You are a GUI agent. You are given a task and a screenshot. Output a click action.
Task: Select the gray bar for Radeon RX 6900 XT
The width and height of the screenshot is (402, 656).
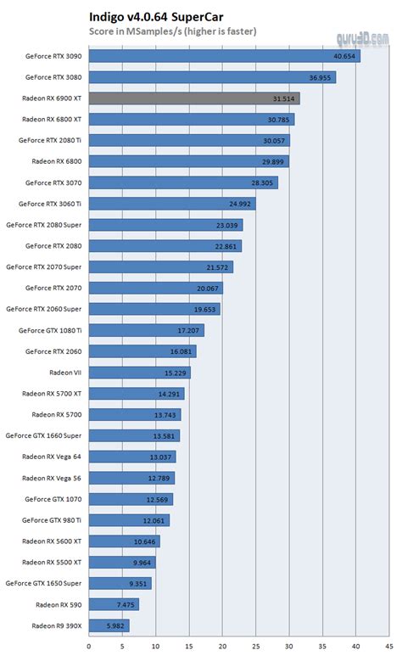[193, 98]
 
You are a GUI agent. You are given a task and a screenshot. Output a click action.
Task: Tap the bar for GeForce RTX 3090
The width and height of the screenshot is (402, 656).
[224, 56]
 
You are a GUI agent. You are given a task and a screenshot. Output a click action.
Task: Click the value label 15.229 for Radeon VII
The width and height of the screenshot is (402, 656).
[174, 373]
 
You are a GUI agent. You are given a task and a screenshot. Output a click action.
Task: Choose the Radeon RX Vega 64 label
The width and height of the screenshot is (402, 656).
[52, 457]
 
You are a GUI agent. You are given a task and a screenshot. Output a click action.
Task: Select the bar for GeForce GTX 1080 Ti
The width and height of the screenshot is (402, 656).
[146, 330]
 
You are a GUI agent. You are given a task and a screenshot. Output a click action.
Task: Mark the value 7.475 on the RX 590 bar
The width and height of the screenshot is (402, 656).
[122, 604]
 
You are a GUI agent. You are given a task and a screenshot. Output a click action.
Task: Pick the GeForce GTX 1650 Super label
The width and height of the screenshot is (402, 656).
[44, 583]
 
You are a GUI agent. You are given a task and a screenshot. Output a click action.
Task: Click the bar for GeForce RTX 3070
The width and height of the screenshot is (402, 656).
[183, 182]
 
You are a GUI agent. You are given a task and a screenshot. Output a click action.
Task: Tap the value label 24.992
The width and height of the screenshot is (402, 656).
[238, 204]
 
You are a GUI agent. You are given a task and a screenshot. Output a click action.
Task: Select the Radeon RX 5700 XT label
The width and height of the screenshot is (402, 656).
[52, 394]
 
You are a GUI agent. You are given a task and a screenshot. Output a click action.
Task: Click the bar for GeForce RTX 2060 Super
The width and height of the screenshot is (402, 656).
[154, 309]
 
